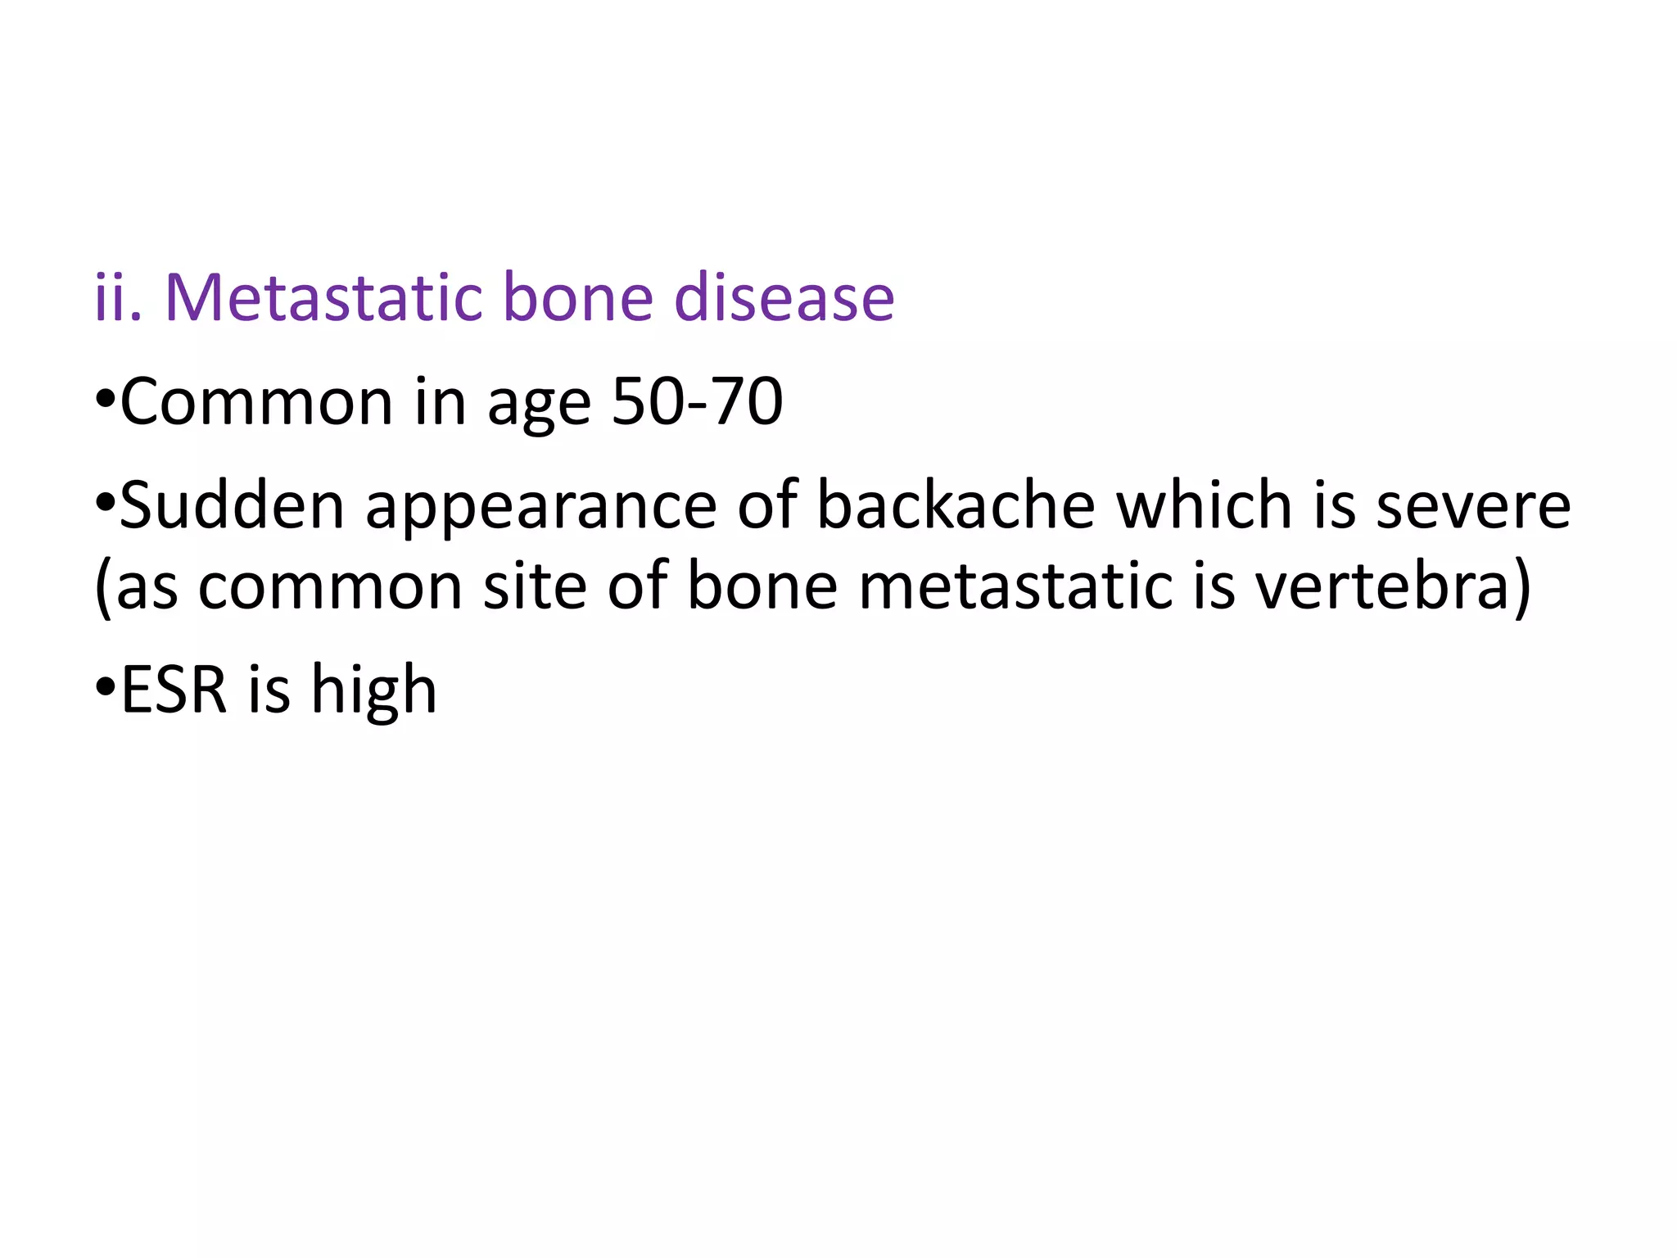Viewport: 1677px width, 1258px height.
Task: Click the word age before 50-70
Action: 539,405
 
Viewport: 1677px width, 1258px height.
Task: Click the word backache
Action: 956,505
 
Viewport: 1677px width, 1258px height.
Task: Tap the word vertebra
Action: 1383,586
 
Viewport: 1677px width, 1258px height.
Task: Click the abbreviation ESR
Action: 173,690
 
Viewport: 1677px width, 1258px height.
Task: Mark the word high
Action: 373,693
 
